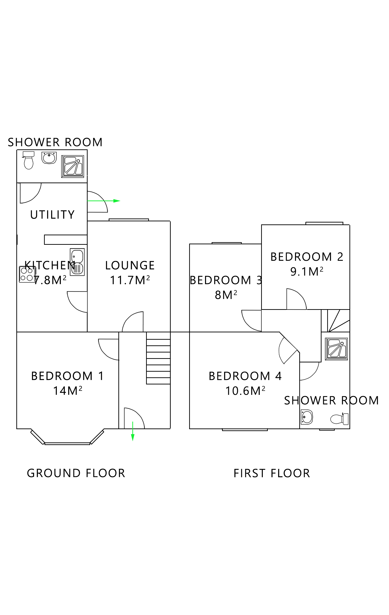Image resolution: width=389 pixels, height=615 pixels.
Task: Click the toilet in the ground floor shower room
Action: pyautogui.click(x=28, y=161)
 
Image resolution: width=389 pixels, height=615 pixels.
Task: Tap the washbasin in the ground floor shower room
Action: pyautogui.click(x=49, y=158)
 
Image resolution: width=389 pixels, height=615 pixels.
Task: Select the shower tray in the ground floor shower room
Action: pyautogui.click(x=73, y=166)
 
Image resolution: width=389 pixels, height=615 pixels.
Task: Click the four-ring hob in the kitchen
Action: pyautogui.click(x=27, y=274)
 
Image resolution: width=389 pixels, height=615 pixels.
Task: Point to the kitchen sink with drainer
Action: pyautogui.click(x=77, y=262)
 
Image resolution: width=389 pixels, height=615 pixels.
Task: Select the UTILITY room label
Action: pyautogui.click(x=52, y=215)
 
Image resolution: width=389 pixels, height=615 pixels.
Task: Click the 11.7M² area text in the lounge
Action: pyautogui.click(x=130, y=281)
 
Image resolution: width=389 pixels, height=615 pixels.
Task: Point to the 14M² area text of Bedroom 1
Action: pyautogui.click(x=67, y=391)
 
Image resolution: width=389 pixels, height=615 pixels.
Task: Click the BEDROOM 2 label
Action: pyautogui.click(x=307, y=257)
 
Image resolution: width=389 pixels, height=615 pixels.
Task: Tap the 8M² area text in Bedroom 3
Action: pyautogui.click(x=226, y=295)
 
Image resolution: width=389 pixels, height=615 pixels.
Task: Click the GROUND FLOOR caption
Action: pyautogui.click(x=76, y=473)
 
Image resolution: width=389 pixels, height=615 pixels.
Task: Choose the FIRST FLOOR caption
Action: pyautogui.click(x=272, y=473)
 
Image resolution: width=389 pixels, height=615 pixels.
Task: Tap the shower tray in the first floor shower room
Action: pyautogui.click(x=336, y=349)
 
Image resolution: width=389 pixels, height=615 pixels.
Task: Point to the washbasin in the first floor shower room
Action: pyautogui.click(x=306, y=417)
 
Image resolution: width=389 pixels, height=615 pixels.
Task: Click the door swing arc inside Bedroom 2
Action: pyautogui.click(x=298, y=299)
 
